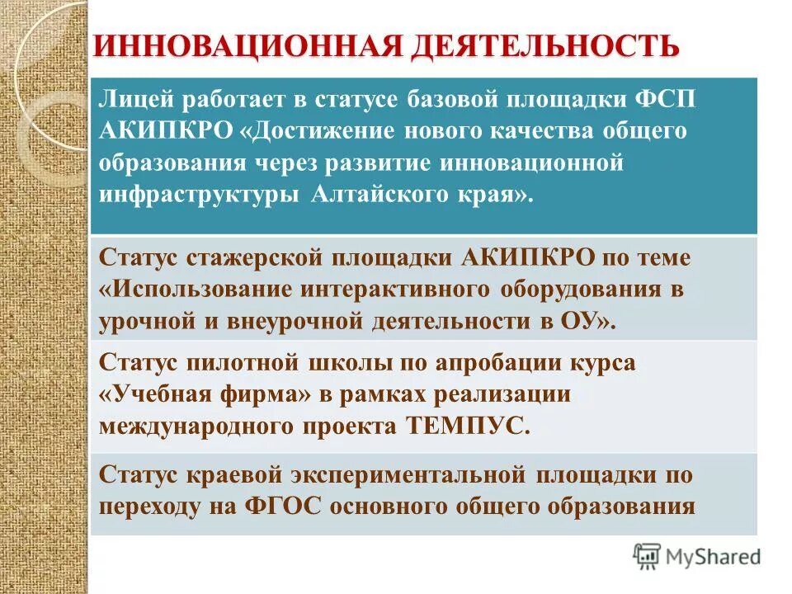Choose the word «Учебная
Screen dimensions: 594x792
pyautogui.click(x=151, y=395)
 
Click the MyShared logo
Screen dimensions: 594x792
pyautogui.click(x=696, y=557)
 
